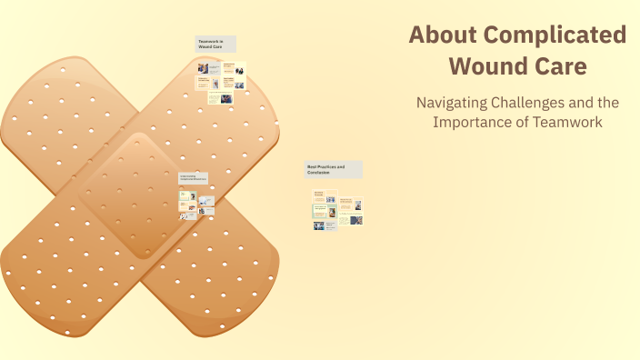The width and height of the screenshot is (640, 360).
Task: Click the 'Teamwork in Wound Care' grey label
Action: [215, 44]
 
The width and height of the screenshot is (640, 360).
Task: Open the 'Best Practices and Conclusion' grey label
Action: [333, 170]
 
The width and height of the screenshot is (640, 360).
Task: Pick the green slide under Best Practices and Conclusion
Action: [320, 209]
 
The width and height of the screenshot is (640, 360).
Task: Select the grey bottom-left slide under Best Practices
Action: [319, 225]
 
